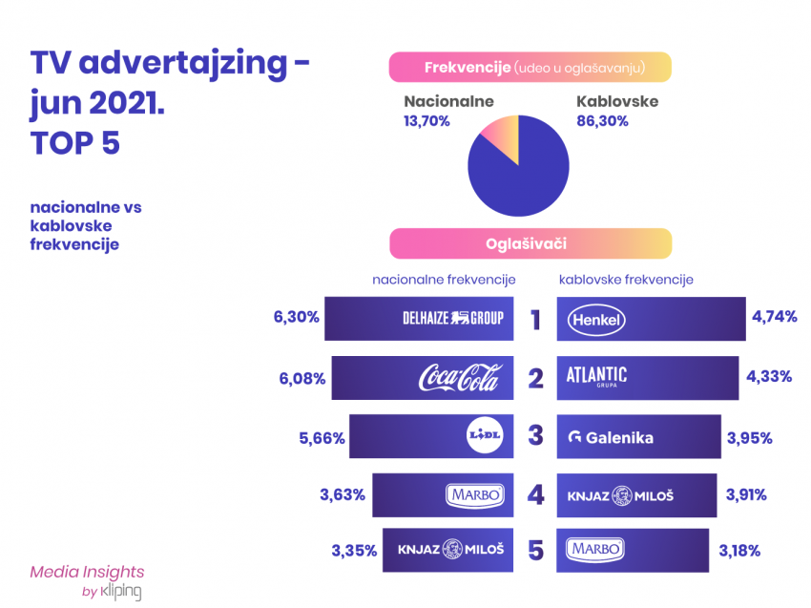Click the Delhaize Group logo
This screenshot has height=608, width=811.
(453, 318)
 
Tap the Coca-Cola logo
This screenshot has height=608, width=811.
(460, 377)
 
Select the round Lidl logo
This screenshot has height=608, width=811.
(485, 435)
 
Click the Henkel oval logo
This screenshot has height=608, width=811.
(596, 320)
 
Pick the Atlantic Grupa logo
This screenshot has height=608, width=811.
(596, 376)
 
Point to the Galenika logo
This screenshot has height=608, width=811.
(611, 438)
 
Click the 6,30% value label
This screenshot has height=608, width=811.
(297, 317)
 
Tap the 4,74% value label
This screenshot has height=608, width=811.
(775, 316)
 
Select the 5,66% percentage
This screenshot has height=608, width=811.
(322, 438)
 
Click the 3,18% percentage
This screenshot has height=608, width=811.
(739, 550)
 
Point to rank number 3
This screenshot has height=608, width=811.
(536, 435)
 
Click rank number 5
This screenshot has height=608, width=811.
(536, 550)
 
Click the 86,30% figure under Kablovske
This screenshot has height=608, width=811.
(602, 121)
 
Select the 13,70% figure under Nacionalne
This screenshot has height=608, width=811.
(426, 121)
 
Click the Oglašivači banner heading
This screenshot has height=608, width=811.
(526, 243)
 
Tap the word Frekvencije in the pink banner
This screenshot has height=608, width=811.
(468, 68)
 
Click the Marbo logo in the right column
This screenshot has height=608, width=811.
(595, 549)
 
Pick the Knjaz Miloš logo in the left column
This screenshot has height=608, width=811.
(450, 549)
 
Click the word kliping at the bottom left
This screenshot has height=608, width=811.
(121, 591)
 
